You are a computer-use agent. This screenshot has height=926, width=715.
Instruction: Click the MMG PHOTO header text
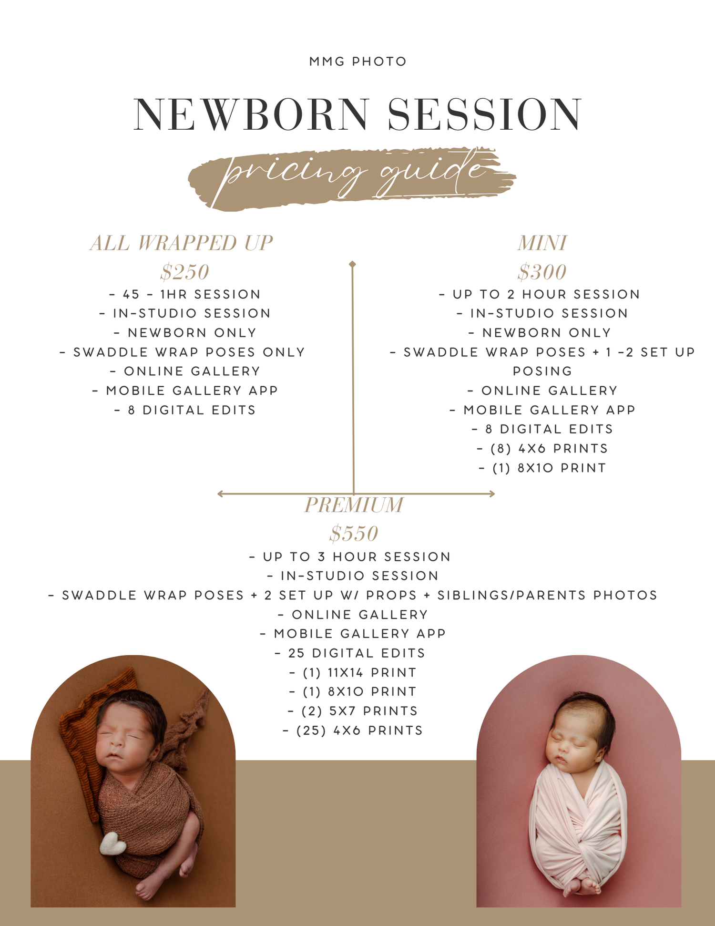click(357, 62)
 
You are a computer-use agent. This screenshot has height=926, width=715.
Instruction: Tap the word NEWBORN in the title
click(251, 114)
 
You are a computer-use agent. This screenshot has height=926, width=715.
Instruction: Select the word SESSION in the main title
click(484, 114)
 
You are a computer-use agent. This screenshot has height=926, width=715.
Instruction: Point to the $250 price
click(184, 272)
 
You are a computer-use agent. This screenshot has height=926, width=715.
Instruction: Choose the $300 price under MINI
click(542, 272)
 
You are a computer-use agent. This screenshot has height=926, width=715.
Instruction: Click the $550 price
click(354, 534)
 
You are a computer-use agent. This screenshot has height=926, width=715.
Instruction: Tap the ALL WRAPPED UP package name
click(182, 243)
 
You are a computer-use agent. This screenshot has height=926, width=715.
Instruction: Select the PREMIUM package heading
click(354, 505)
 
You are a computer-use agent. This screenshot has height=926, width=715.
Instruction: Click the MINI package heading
click(542, 243)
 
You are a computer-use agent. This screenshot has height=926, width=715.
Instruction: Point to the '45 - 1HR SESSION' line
click(185, 294)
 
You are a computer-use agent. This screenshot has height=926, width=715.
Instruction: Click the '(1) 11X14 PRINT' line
click(353, 672)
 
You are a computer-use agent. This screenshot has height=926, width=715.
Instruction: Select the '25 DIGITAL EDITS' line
click(350, 653)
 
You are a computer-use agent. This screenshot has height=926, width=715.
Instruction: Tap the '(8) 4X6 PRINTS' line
click(542, 449)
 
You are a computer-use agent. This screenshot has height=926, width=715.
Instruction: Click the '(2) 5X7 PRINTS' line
click(353, 711)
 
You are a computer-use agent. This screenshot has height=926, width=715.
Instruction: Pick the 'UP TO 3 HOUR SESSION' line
click(350, 557)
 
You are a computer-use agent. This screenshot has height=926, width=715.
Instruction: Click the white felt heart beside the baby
click(112, 844)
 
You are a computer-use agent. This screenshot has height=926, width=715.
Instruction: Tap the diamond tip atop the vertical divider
click(352, 264)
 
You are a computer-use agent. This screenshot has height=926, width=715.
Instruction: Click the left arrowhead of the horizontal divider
click(220, 494)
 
